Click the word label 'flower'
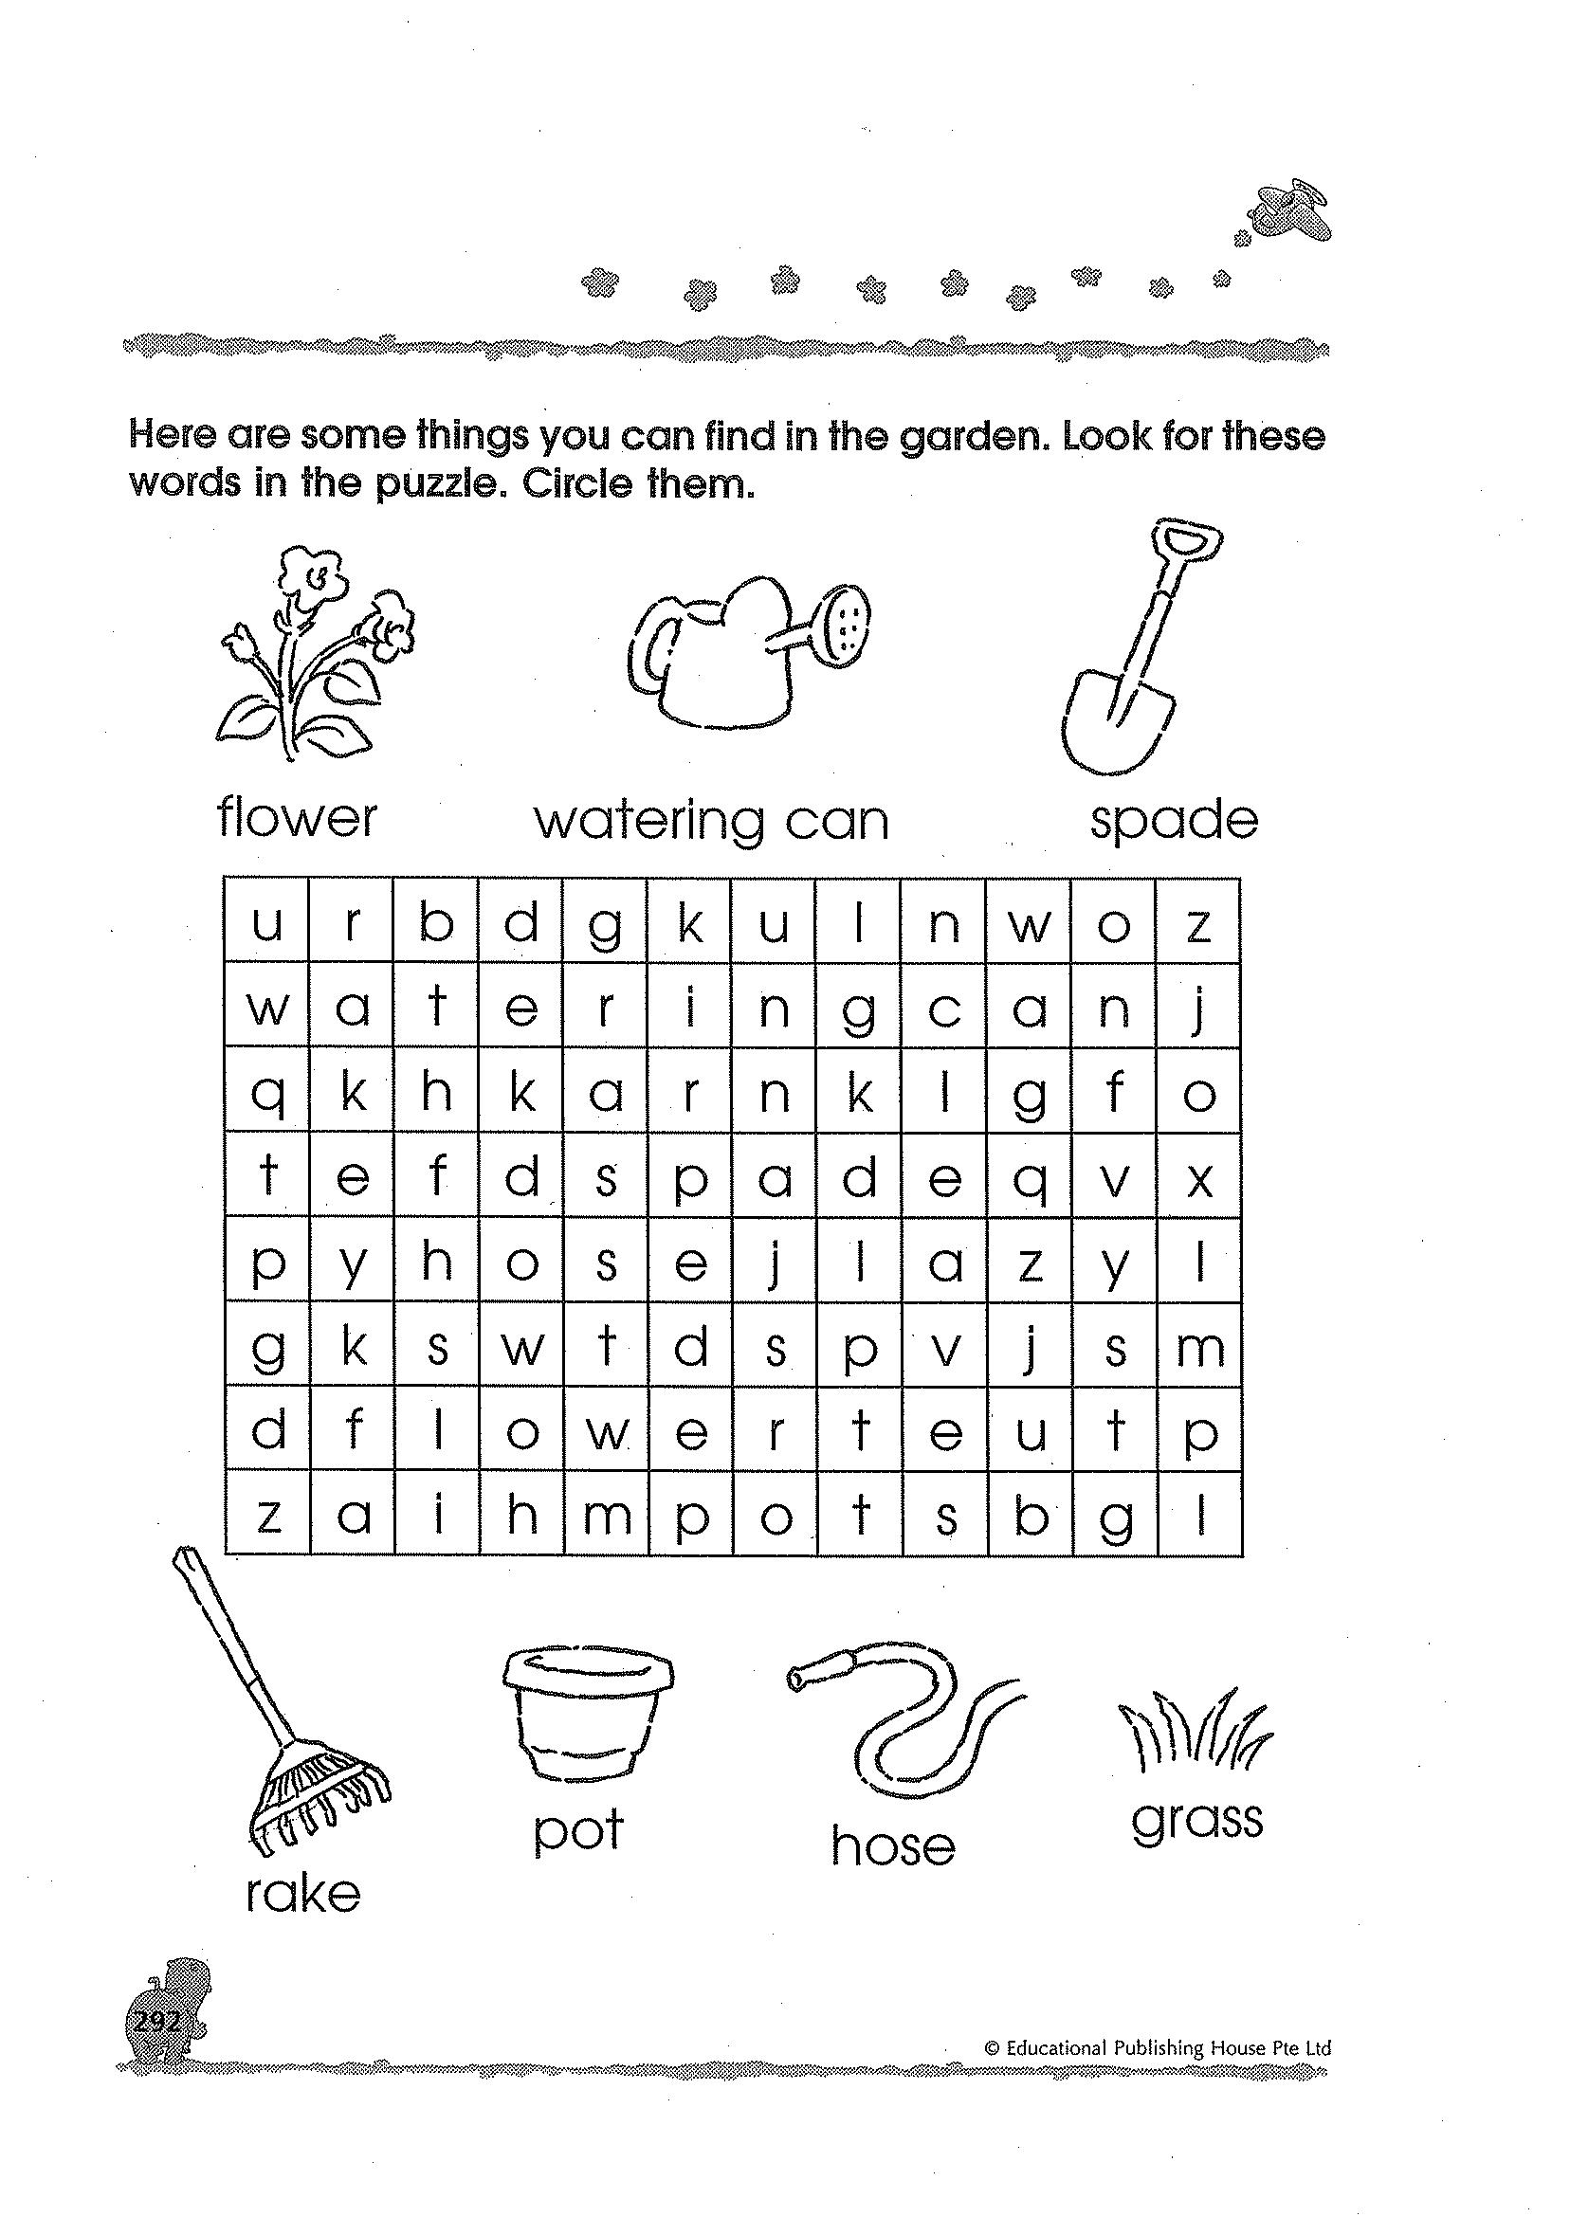tap(297, 819)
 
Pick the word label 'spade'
tap(1174, 821)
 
